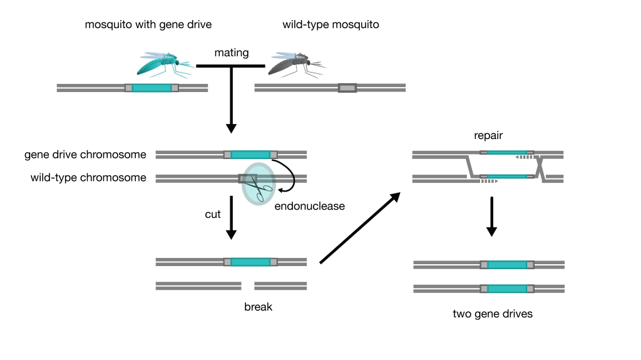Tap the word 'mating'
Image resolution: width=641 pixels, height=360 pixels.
tap(231, 53)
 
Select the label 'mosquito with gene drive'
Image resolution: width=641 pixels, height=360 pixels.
tap(148, 25)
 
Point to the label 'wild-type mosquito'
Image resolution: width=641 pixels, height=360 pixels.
tap(331, 25)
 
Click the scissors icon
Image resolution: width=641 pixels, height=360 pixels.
tap(258, 184)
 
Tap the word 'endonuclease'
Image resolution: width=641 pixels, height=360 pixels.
tap(310, 205)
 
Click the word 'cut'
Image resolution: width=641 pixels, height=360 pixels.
tap(213, 214)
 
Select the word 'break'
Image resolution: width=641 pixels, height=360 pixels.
tap(259, 307)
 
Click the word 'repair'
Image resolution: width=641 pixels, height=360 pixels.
tap(490, 135)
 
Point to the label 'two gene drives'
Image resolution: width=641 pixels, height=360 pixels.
tap(493, 314)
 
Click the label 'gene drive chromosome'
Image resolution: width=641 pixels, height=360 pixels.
tap(85, 155)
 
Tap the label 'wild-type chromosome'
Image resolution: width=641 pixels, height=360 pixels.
tap(88, 178)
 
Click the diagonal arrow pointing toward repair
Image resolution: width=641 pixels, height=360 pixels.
tap(359, 228)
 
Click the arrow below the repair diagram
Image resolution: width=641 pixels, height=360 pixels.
tap(491, 217)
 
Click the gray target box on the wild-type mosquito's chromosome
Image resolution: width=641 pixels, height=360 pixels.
tap(347, 88)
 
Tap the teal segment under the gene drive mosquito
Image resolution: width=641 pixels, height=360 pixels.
tap(151, 88)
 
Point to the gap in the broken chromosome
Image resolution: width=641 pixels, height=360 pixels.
tap(248, 285)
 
